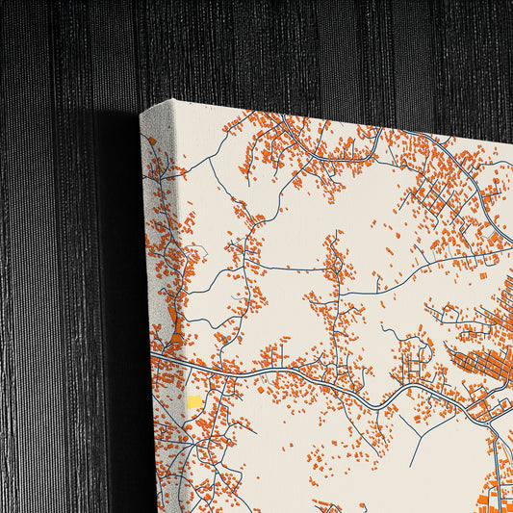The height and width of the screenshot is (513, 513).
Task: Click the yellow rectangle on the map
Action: (x=195, y=401)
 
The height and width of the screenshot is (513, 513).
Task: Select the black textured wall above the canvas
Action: (x=289, y=48)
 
